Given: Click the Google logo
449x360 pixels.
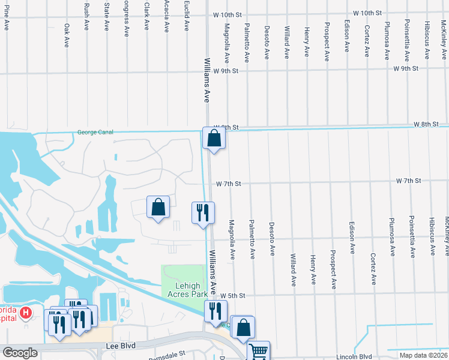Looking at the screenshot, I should tap(20, 353).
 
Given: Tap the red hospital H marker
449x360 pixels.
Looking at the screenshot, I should tap(26, 313).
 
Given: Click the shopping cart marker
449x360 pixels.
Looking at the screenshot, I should tap(259, 350).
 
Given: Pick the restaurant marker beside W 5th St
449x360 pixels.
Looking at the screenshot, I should tap(215, 311).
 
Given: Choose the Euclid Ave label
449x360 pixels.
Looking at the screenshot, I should tap(187, 19).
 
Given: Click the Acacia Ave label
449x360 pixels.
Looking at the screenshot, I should tap(167, 18).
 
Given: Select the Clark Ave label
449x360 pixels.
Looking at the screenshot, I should tap(146, 16).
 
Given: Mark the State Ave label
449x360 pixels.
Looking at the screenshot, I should tap(107, 16).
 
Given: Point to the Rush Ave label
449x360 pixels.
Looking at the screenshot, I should tap(87, 16).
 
